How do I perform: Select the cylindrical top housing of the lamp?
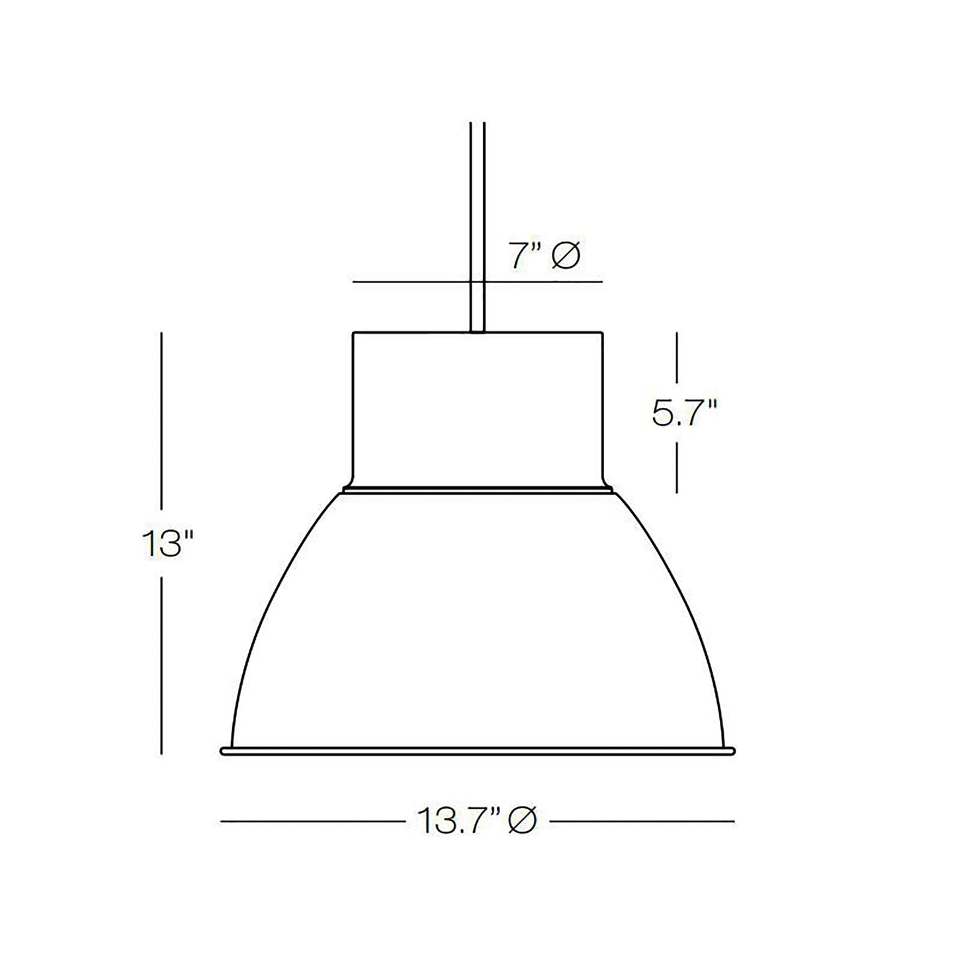click(478, 407)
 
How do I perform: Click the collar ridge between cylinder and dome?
click(478, 492)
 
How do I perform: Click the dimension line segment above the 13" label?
click(162, 423)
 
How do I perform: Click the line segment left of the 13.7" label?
click(311, 822)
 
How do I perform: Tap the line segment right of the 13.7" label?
click(642, 822)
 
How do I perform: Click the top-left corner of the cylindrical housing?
click(353, 332)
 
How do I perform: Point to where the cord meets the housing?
click(478, 331)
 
